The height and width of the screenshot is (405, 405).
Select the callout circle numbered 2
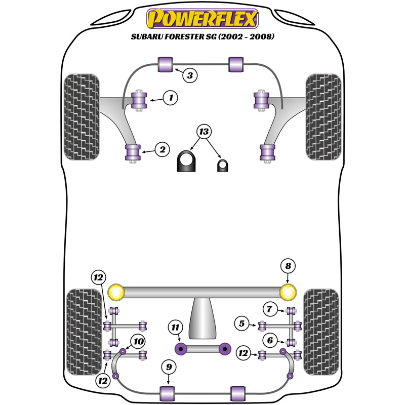162,149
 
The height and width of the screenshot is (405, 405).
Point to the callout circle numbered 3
189,76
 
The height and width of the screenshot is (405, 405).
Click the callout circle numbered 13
204,133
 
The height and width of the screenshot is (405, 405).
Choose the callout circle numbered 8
288,266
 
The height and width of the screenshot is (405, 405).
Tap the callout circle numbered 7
270,308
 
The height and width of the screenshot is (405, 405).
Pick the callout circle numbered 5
242,323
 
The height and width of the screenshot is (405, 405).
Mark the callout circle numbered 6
270,341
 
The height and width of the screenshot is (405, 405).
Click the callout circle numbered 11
175,328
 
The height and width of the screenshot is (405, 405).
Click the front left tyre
81,117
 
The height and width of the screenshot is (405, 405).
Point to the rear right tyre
320,332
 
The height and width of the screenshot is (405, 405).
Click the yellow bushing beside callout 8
288,292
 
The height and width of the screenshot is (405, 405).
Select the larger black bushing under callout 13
186,161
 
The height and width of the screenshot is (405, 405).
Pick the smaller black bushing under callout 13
223,165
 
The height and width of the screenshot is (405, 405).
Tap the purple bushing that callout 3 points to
166,64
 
